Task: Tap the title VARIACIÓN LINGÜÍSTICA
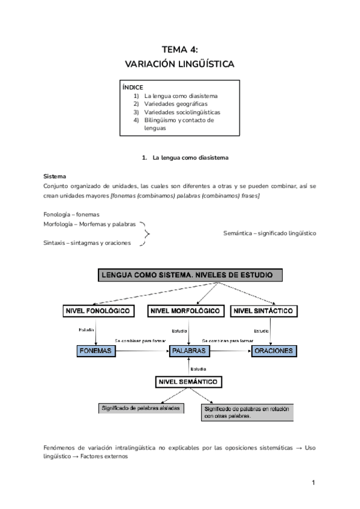point(180,63)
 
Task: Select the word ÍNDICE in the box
point(133,87)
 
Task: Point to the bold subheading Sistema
point(55,177)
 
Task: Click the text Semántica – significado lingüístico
point(269,233)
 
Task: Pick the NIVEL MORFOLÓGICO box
point(186,311)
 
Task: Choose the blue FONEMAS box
point(96,350)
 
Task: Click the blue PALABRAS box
point(188,350)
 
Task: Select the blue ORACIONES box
point(273,350)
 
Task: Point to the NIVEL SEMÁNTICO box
point(188,382)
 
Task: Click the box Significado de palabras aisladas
point(140,408)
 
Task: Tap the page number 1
point(313,482)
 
